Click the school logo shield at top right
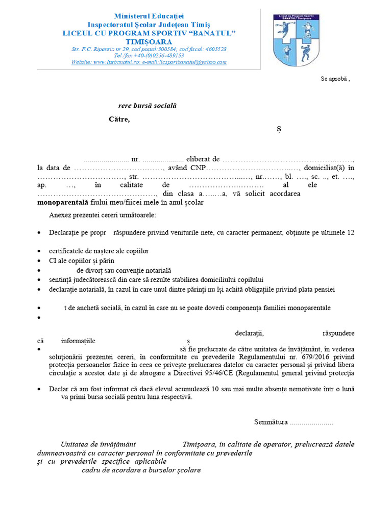pyautogui.click(x=296, y=39)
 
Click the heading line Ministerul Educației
pyautogui.click(x=149, y=17)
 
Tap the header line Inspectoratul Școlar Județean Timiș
pyautogui.click(x=149, y=25)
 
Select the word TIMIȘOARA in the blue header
pyautogui.click(x=149, y=41)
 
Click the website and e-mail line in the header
pyautogui.click(x=149, y=62)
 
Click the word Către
pyautogui.click(x=119, y=120)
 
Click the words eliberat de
pyautogui.click(x=203, y=159)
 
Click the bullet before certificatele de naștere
pyautogui.click(x=40, y=252)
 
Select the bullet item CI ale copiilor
pyautogui.click(x=81, y=260)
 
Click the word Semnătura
pyautogui.click(x=271, y=422)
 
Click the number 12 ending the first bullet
pyautogui.click(x=351, y=232)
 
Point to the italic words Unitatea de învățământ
pyautogui.click(x=98, y=444)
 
